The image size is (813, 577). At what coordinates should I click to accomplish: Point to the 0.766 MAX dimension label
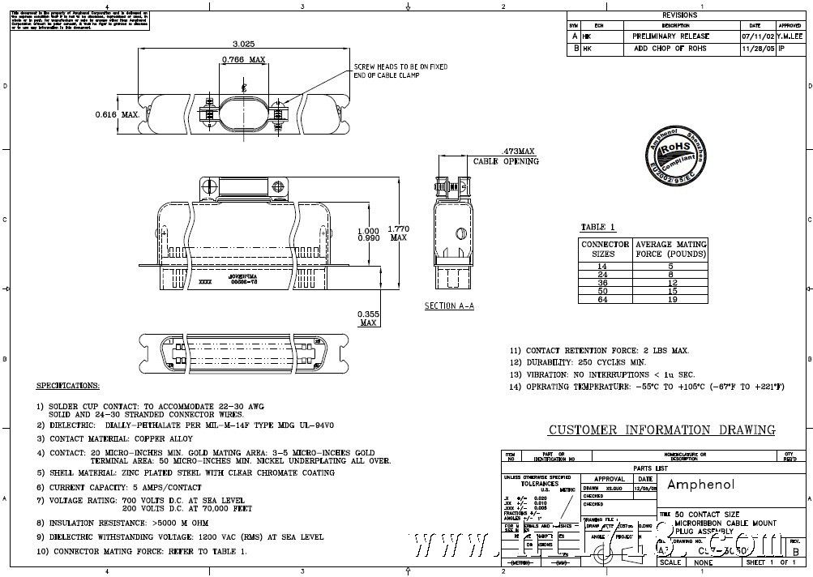[x=244, y=59]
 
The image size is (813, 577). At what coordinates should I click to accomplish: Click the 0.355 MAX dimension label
[x=368, y=318]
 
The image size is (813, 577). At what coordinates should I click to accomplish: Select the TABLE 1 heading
[x=598, y=227]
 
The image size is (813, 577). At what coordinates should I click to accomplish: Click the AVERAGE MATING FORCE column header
[x=670, y=248]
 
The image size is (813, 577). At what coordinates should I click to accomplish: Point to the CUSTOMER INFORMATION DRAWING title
[x=661, y=430]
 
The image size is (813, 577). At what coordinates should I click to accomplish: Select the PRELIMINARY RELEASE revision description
[x=670, y=36]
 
